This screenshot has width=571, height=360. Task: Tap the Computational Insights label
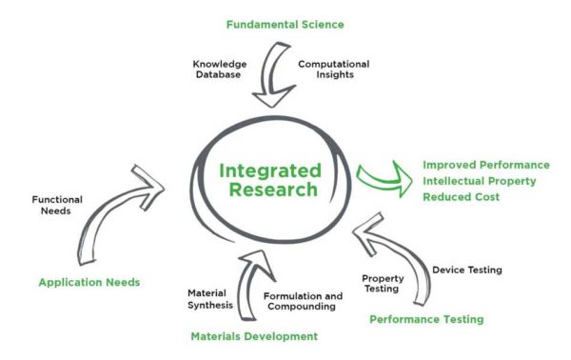click(333, 70)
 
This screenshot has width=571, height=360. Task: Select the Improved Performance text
click(486, 164)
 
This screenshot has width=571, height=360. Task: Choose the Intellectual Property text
click(481, 180)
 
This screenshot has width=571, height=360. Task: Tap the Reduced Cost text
click(462, 196)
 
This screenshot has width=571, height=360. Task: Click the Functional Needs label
click(58, 206)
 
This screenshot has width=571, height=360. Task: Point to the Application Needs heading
click(89, 282)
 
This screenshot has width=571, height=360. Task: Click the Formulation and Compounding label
click(302, 301)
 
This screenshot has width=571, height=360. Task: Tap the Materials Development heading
click(253, 336)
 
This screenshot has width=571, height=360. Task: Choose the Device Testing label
click(466, 270)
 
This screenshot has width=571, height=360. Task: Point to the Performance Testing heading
click(426, 319)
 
